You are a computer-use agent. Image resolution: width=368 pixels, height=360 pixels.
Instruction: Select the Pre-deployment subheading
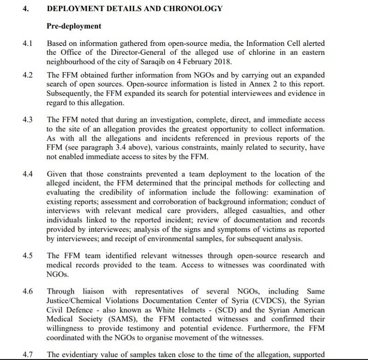[74, 26]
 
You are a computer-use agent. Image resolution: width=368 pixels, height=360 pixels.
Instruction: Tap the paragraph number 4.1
[28, 44]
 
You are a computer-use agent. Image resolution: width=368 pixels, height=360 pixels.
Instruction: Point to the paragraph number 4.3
[28, 120]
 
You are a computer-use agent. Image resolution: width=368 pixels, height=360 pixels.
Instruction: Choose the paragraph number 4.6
[28, 291]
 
